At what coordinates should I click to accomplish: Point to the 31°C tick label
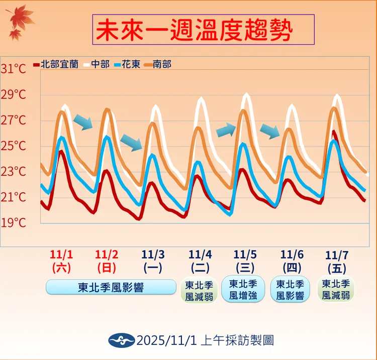pos(14,69)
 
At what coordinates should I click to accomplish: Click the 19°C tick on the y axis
pos(14,222)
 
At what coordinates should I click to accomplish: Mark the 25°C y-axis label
pos(14,146)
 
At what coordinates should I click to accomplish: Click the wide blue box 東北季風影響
pos(111,288)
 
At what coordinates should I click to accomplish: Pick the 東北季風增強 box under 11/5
pos(243,290)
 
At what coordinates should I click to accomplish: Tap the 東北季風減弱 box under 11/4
pos(199,291)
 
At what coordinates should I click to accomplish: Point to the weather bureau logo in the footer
pos(121,340)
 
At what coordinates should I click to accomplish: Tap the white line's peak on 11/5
pos(246,94)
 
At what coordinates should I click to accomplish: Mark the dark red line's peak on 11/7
pos(334,132)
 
